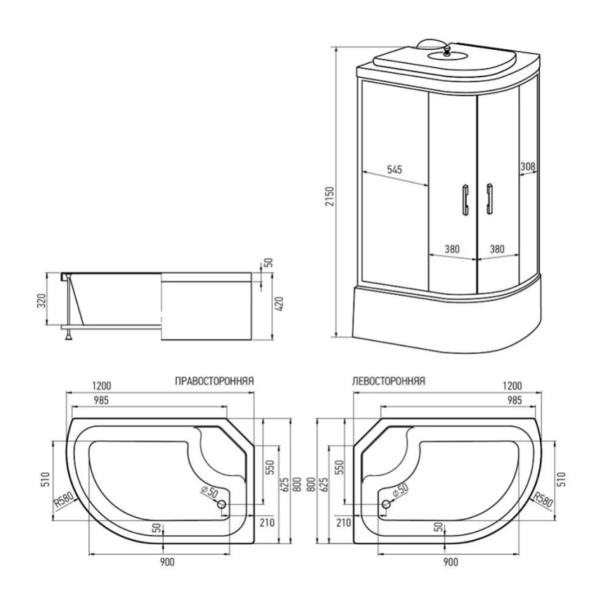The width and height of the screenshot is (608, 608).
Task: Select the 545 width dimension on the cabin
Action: pyautogui.click(x=394, y=169)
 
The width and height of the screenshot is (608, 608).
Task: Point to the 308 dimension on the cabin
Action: pyautogui.click(x=528, y=167)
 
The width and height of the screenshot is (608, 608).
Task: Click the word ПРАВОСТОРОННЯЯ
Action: pyautogui.click(x=214, y=381)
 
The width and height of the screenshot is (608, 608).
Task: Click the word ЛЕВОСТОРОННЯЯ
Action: pyautogui.click(x=387, y=381)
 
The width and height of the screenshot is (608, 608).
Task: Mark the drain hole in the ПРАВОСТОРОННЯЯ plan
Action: pyautogui.click(x=222, y=505)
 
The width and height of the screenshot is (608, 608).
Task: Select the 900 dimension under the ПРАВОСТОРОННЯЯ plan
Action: pyautogui.click(x=166, y=562)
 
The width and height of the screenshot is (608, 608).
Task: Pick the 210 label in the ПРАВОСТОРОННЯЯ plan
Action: pyautogui.click(x=265, y=522)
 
